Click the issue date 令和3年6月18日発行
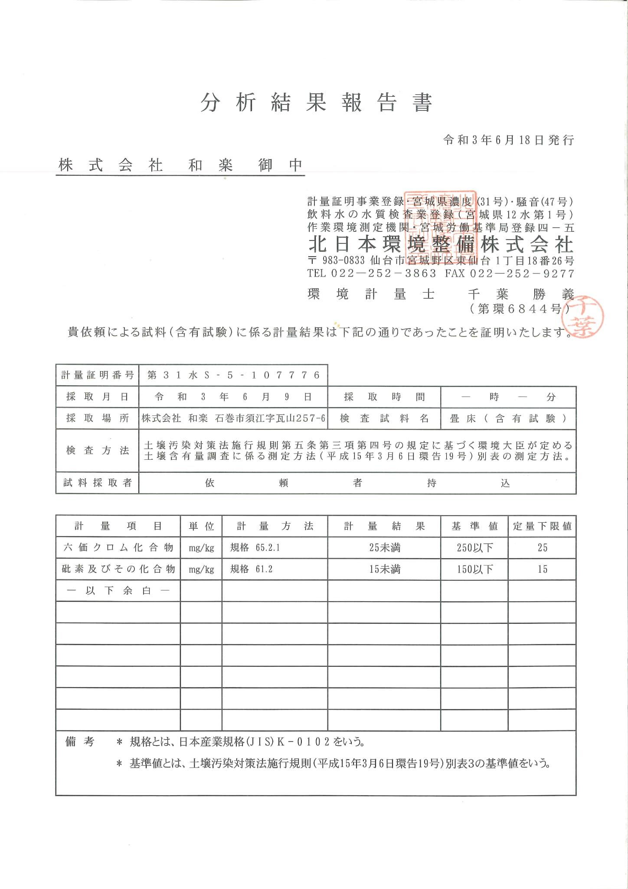point(508,140)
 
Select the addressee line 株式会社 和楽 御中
point(180,165)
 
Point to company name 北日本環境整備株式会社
point(441,245)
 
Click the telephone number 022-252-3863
point(383,273)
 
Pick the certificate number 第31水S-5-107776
point(233,375)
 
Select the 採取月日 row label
point(97,397)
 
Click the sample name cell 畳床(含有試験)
point(508,418)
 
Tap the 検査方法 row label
point(97,451)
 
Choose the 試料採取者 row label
point(97,483)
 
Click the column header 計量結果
point(384,526)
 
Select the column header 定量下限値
point(542,526)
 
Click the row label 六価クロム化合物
point(118,547)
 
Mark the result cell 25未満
point(384,548)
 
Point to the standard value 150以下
point(474,569)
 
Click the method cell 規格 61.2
point(252,569)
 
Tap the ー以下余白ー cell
point(118,590)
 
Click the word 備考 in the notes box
point(79,741)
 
